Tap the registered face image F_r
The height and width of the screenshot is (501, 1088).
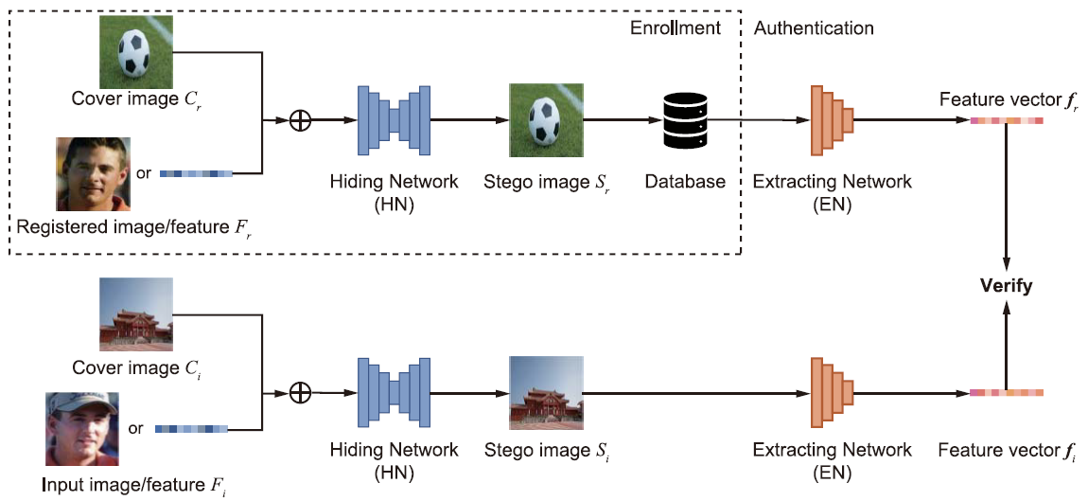pyautogui.click(x=92, y=173)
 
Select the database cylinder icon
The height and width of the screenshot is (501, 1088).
pyautogui.click(x=684, y=120)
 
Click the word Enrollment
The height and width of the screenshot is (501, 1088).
pyautogui.click(x=675, y=28)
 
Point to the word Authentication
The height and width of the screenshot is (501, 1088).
pyautogui.click(x=813, y=28)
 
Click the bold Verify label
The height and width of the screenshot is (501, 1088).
pyautogui.click(x=1006, y=285)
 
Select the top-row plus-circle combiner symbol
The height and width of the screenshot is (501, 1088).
pyautogui.click(x=300, y=121)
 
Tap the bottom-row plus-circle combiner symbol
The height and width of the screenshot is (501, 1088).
pyautogui.click(x=300, y=392)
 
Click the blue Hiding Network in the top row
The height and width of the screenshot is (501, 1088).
pyautogui.click(x=394, y=120)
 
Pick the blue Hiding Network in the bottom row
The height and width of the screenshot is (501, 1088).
pyautogui.click(x=394, y=391)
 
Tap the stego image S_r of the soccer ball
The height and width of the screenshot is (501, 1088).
pyautogui.click(x=545, y=120)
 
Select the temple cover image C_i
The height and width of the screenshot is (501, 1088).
pyautogui.click(x=136, y=314)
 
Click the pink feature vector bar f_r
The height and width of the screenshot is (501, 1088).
pyautogui.click(x=1006, y=120)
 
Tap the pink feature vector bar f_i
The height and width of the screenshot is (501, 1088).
pyautogui.click(x=1006, y=392)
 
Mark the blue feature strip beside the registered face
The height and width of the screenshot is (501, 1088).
pyautogui.click(x=197, y=173)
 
